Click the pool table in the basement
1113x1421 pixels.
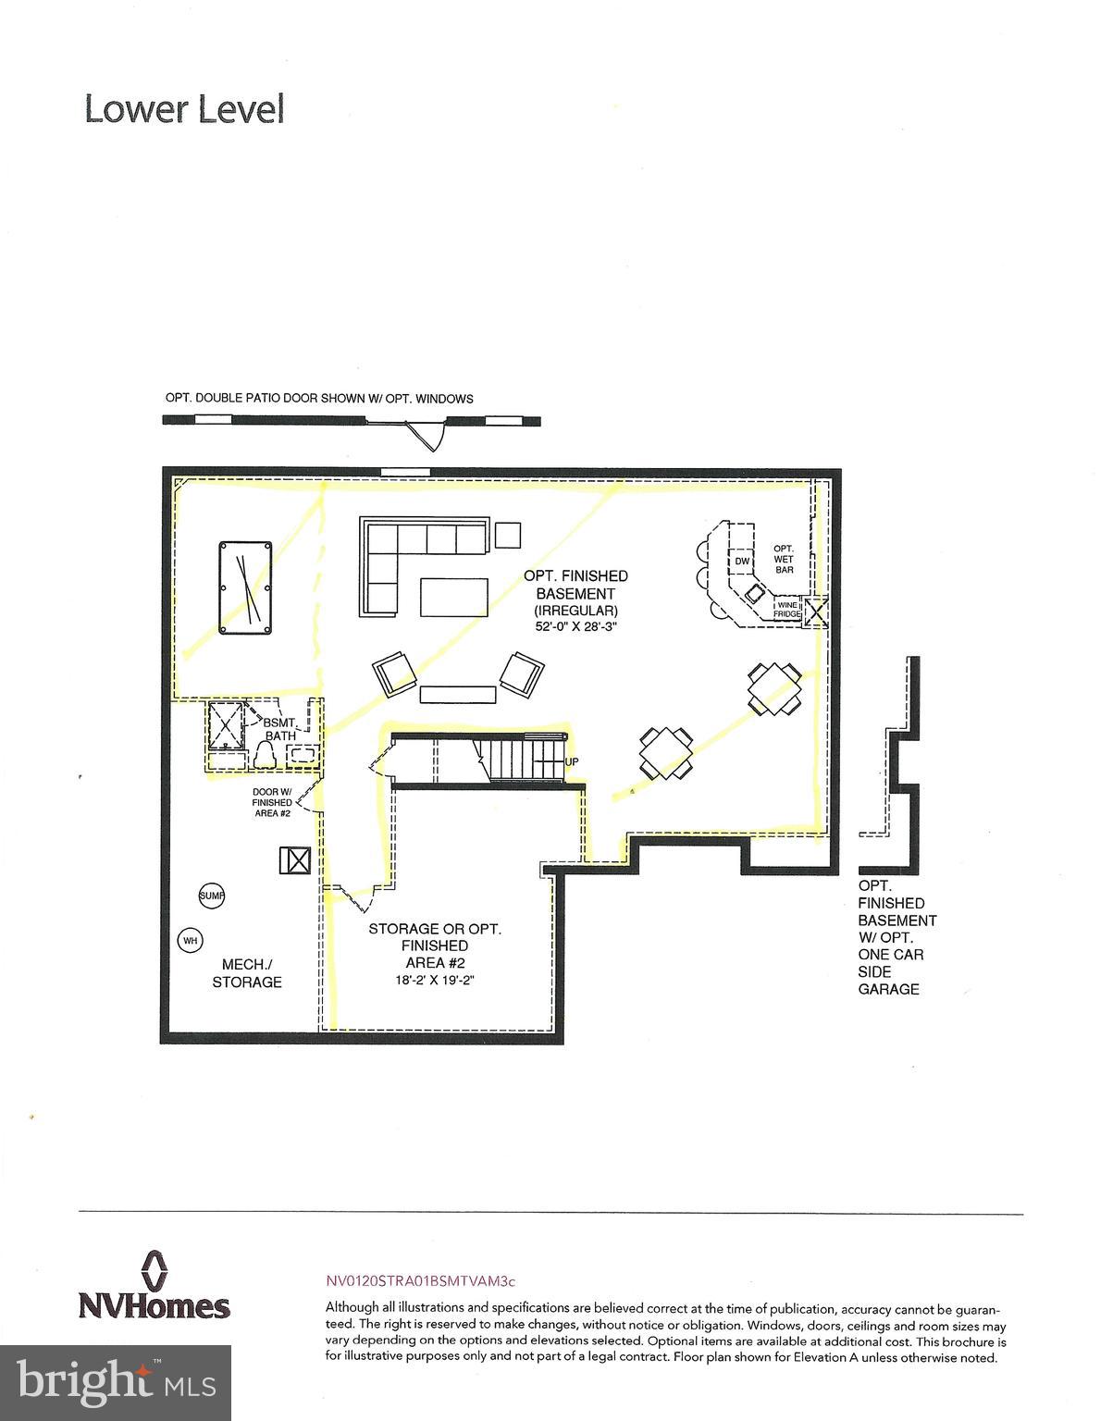245,588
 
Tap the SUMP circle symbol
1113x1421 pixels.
212,896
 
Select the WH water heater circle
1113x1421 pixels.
191,941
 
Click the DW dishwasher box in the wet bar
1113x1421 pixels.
742,561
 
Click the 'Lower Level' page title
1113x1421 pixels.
184,109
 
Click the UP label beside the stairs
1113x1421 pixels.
572,761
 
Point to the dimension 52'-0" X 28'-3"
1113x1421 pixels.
575,626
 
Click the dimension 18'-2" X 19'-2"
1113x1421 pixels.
435,980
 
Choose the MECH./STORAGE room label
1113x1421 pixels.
246,973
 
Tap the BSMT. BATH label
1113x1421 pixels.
280,729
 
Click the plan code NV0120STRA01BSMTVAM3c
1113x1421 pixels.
419,1281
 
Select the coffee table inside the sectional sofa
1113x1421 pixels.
454,597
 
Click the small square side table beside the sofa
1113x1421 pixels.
507,535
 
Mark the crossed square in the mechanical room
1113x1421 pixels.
295,860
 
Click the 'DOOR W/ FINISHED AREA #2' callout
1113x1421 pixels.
272,802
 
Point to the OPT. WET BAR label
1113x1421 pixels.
784,559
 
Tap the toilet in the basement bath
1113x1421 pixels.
265,757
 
